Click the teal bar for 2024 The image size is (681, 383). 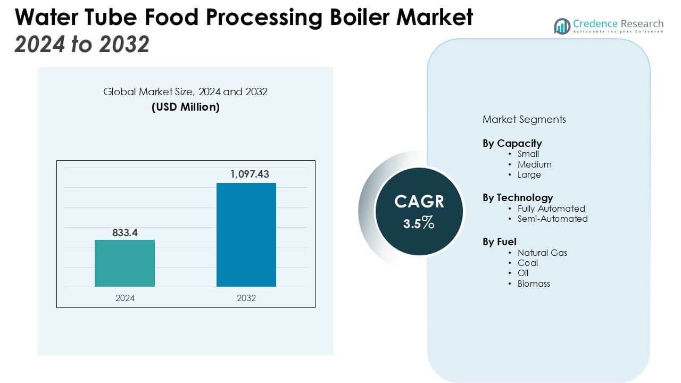pyautogui.click(x=124, y=263)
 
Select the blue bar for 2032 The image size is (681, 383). pyautogui.click(x=246, y=235)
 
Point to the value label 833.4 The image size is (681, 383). pyautogui.click(x=124, y=232)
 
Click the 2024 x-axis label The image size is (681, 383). pyautogui.click(x=125, y=298)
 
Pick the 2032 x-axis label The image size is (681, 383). pyautogui.click(x=246, y=298)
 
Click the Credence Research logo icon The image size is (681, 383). pyautogui.click(x=562, y=26)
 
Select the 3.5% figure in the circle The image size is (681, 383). pyautogui.click(x=419, y=224)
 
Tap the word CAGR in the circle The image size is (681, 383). pyautogui.click(x=419, y=202)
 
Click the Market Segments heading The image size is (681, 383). pyautogui.click(x=524, y=119)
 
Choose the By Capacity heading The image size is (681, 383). pyautogui.click(x=512, y=143)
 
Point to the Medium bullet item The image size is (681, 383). pyautogui.click(x=534, y=164)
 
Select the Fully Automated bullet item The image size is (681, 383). pyautogui.click(x=551, y=209)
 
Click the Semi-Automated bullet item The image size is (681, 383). pyautogui.click(x=552, y=219)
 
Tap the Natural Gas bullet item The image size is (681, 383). pyautogui.click(x=542, y=253)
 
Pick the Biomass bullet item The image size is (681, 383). pyautogui.click(x=534, y=284)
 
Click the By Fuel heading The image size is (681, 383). pyautogui.click(x=500, y=242)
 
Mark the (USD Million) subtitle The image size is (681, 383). pyautogui.click(x=186, y=107)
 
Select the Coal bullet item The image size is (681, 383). pyautogui.click(x=527, y=263)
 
